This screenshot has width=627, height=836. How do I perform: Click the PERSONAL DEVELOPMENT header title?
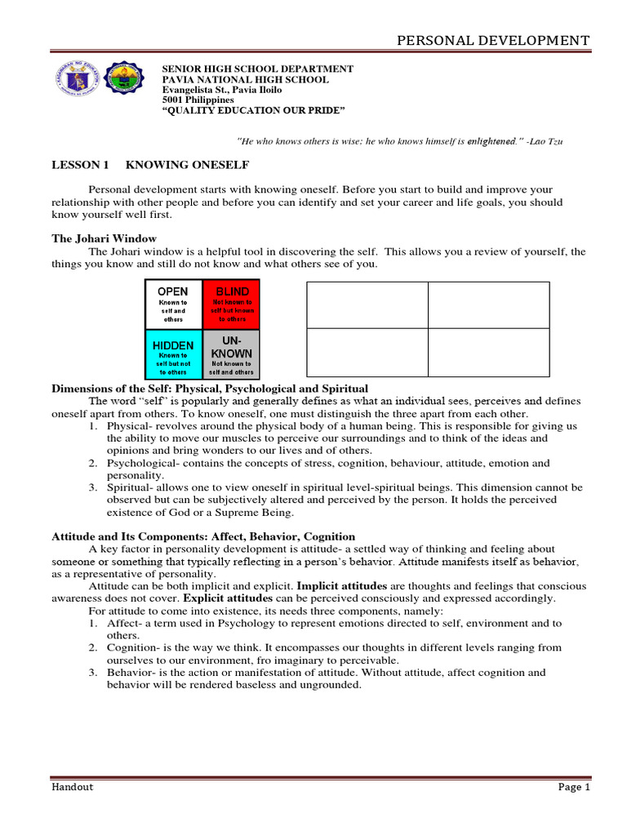click(x=492, y=40)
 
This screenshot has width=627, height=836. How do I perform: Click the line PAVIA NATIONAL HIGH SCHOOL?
click(x=246, y=80)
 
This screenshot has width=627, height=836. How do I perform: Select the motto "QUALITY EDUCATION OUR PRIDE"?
click(x=254, y=109)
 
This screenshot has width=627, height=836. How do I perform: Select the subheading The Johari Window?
click(x=92, y=238)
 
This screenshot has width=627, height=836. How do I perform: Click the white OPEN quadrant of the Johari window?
click(x=173, y=304)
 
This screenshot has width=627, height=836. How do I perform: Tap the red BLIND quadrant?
click(x=232, y=304)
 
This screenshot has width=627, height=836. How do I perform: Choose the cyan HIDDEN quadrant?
click(x=173, y=353)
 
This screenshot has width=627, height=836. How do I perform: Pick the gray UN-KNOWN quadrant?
click(x=232, y=353)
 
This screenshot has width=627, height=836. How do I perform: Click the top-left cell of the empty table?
click(x=367, y=305)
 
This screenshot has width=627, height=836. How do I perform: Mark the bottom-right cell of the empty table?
click(x=488, y=352)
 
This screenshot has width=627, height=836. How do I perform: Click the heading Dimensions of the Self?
click(x=210, y=388)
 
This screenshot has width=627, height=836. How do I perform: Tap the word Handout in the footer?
click(x=73, y=787)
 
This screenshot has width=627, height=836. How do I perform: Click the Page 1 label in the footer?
click(x=573, y=787)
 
